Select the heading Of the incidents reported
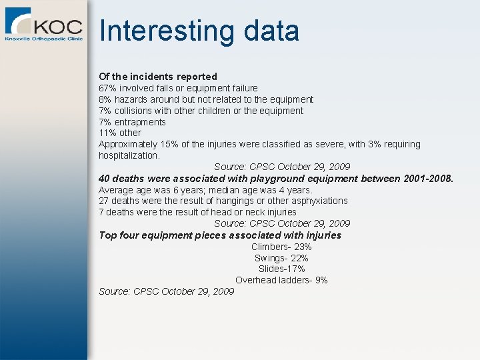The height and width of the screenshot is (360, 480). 158,77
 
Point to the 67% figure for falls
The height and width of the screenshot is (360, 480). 107,88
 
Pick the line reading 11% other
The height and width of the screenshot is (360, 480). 120,133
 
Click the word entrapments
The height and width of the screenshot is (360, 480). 140,122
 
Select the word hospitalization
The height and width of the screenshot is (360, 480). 129,155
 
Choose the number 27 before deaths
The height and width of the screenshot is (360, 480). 104,201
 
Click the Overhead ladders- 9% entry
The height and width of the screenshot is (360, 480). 281,280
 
